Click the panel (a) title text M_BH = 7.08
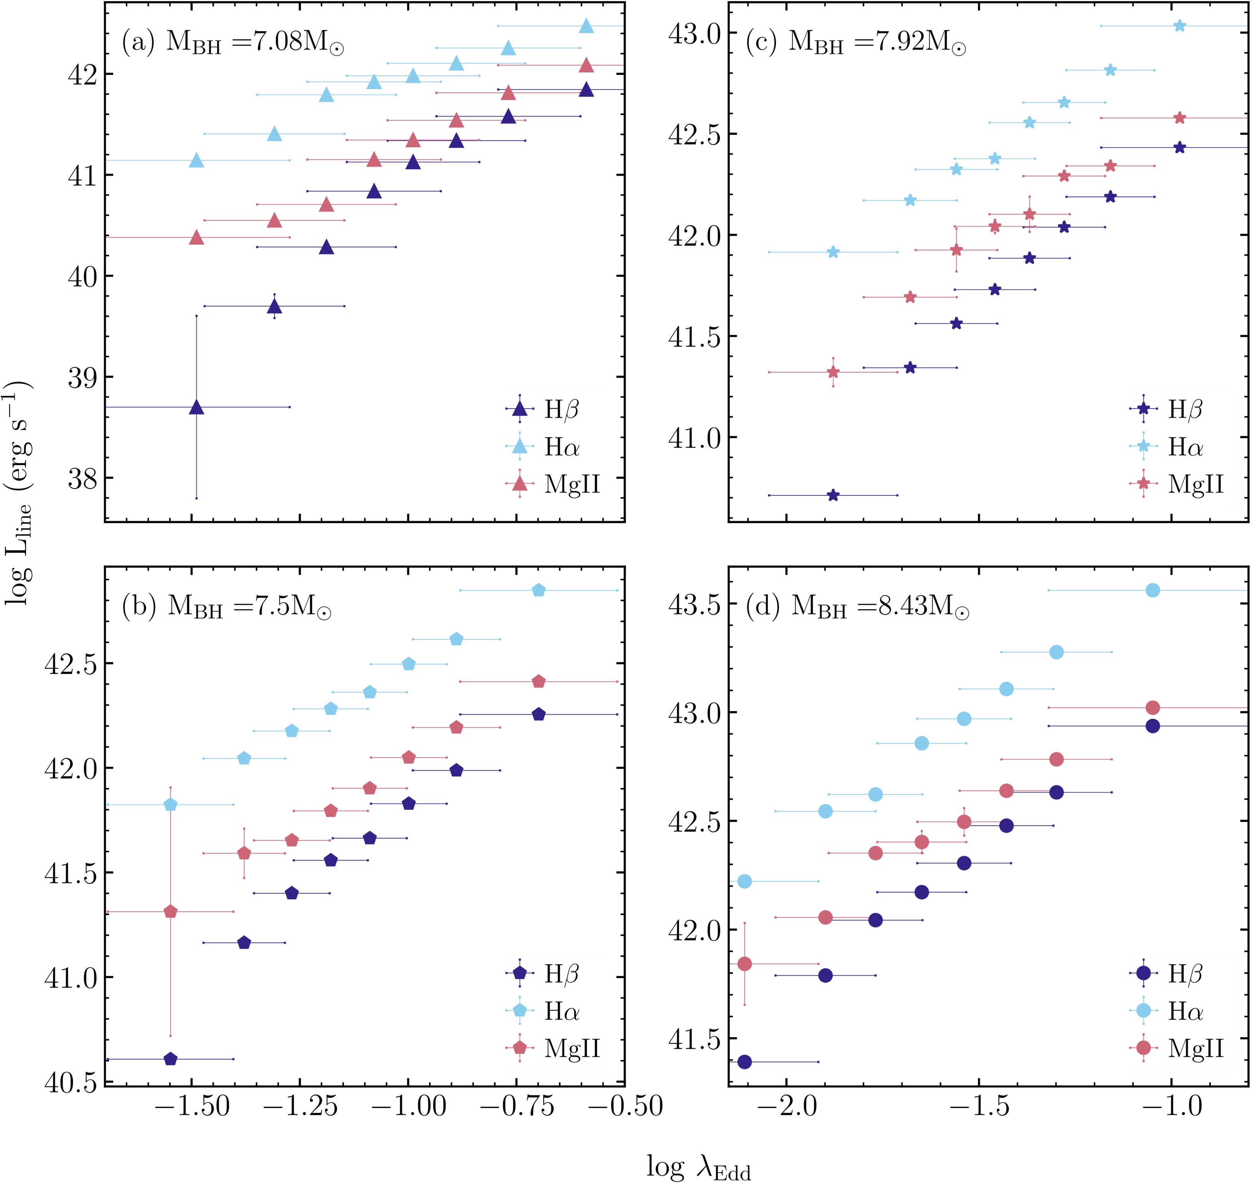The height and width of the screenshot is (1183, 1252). pyautogui.click(x=255, y=43)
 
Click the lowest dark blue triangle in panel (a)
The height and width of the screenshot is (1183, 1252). pyautogui.click(x=197, y=408)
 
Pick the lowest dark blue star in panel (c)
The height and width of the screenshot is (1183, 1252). pyautogui.click(x=833, y=496)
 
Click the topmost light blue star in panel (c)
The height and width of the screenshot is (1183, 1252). pyautogui.click(x=1179, y=26)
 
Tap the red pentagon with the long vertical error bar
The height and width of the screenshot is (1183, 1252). pyautogui.click(x=170, y=912)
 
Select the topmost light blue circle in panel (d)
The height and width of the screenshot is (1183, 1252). pyautogui.click(x=1152, y=590)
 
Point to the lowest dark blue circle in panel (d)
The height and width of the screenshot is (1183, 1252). pyautogui.click(x=744, y=1062)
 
